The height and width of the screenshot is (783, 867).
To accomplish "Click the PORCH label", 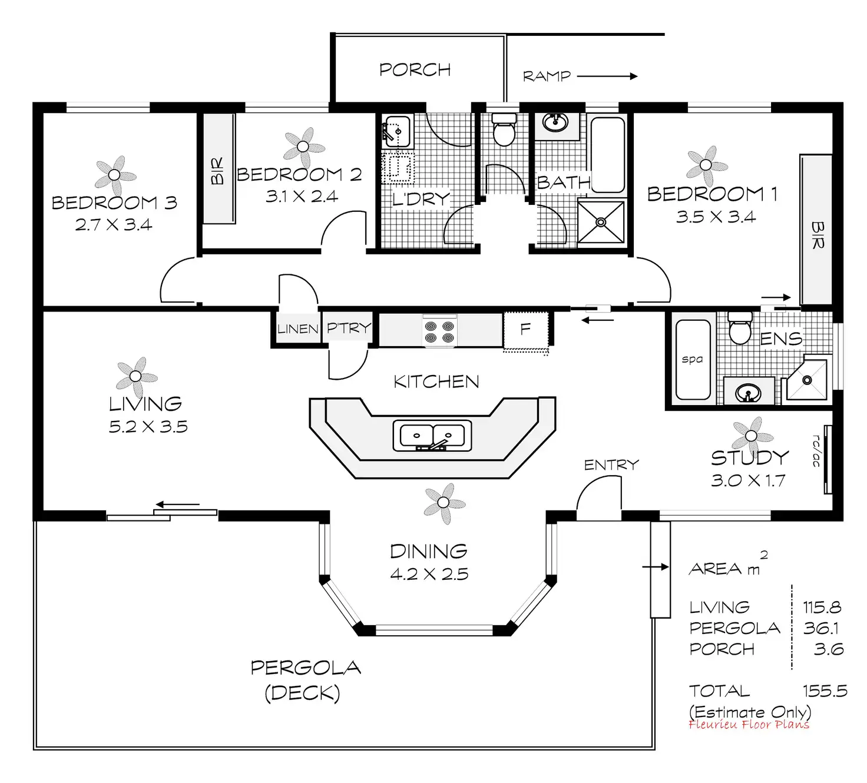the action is click(415, 70).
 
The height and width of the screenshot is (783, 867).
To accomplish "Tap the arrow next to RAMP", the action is click(607, 76).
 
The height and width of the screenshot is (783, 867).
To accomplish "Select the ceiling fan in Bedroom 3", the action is click(115, 175).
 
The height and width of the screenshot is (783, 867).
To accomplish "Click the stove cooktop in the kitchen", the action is click(439, 331).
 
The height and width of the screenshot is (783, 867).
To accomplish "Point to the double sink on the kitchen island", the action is click(432, 436).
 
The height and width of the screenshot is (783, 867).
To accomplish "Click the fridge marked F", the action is click(526, 330).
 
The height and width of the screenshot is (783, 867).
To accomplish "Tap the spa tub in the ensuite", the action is click(692, 359).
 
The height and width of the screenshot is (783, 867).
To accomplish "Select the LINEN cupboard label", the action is click(298, 329).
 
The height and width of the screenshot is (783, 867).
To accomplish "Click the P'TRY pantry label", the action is click(349, 328).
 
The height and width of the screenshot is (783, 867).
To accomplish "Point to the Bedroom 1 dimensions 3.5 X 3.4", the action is click(715, 217).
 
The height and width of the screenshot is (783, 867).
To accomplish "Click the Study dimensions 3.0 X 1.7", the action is click(747, 481).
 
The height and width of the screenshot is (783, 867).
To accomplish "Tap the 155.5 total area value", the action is click(825, 691).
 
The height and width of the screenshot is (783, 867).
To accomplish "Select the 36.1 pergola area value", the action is click(821, 628).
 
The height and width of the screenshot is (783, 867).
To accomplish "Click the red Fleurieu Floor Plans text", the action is click(749, 725).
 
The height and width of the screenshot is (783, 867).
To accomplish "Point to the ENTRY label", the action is click(611, 465).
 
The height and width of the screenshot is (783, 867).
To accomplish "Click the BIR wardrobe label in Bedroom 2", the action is click(217, 171).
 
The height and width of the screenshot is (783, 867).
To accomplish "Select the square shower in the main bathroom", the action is click(601, 222).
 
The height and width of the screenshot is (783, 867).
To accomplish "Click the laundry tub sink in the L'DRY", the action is click(397, 131).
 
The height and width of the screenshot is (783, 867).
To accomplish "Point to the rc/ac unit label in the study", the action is click(816, 451).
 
